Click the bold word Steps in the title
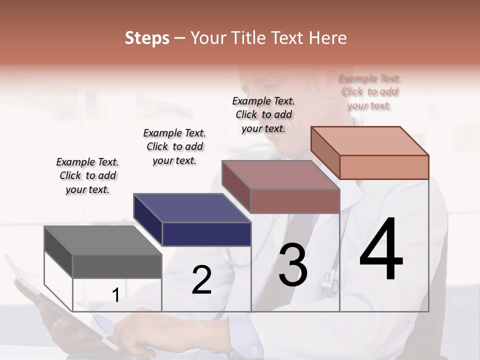coord(147,38)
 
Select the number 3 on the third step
coord(293,265)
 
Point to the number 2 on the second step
coord(201,280)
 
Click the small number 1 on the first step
coord(115,295)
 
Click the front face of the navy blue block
coord(206,234)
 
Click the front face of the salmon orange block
coord(384,167)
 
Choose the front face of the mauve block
coord(295,201)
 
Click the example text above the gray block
coord(87,176)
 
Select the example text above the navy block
coord(174,146)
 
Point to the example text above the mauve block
coord(263,114)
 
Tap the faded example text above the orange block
coord(369,92)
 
